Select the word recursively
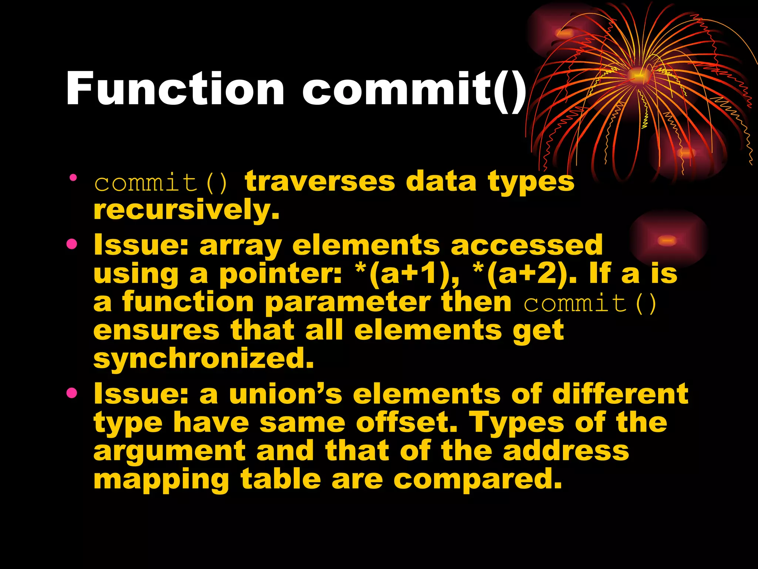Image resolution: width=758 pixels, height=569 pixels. coord(186,210)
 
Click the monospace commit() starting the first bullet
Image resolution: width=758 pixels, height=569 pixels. coord(161,183)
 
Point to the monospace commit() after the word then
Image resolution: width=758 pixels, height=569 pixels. coord(590,303)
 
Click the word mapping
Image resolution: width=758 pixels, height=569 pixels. coord(161,480)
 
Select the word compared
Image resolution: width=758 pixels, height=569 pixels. coord(477,480)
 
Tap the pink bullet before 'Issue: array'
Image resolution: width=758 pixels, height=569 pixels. coord(72,244)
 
